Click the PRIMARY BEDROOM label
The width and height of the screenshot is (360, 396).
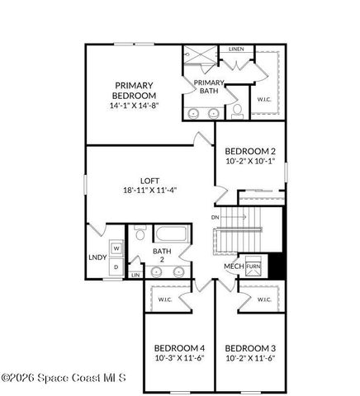pyautogui.click(x=133, y=91)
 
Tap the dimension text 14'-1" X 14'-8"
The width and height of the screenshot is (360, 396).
pyautogui.click(x=133, y=106)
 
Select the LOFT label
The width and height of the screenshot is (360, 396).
pyautogui.click(x=149, y=180)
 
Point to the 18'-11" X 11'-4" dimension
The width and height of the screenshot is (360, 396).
pyautogui.click(x=149, y=190)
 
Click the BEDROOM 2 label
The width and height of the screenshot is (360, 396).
pyautogui.click(x=250, y=151)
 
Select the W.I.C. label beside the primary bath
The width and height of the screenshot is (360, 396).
pyautogui.click(x=264, y=99)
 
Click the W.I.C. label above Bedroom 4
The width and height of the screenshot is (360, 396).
pyautogui.click(x=164, y=299)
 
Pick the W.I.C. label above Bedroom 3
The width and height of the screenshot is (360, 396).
pyautogui.click(x=265, y=299)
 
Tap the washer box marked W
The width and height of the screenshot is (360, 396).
pyautogui.click(x=116, y=248)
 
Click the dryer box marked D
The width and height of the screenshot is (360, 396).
pyautogui.click(x=116, y=266)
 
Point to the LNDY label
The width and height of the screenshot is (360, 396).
pyautogui.click(x=97, y=257)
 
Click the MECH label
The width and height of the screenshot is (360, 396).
pyautogui.click(x=232, y=266)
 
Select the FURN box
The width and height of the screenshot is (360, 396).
pyautogui.click(x=253, y=266)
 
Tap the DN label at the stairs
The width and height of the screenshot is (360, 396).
pyautogui.click(x=216, y=217)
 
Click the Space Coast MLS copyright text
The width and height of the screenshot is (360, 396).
pyautogui.click(x=64, y=379)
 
